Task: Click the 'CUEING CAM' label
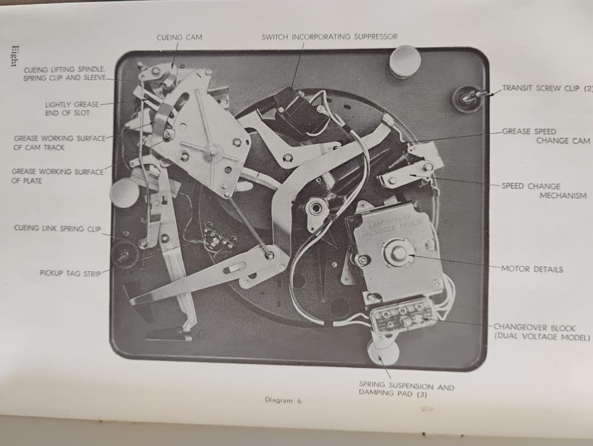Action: (179, 38)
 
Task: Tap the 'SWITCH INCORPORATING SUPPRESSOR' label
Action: (329, 37)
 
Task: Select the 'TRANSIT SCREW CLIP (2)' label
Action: (547, 88)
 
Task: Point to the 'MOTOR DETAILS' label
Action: (532, 269)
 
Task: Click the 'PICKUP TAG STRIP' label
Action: (70, 273)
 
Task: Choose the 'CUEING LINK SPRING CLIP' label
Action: (57, 228)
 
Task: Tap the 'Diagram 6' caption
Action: (284, 401)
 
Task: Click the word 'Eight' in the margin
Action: (14, 56)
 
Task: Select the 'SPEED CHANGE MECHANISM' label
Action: (544, 191)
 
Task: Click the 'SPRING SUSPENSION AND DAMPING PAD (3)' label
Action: (406, 389)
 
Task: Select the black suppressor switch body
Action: (297, 110)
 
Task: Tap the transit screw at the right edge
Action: (468, 98)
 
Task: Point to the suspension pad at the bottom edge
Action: (383, 352)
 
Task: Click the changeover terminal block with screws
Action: (400, 319)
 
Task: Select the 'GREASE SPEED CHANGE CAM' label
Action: (545, 136)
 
